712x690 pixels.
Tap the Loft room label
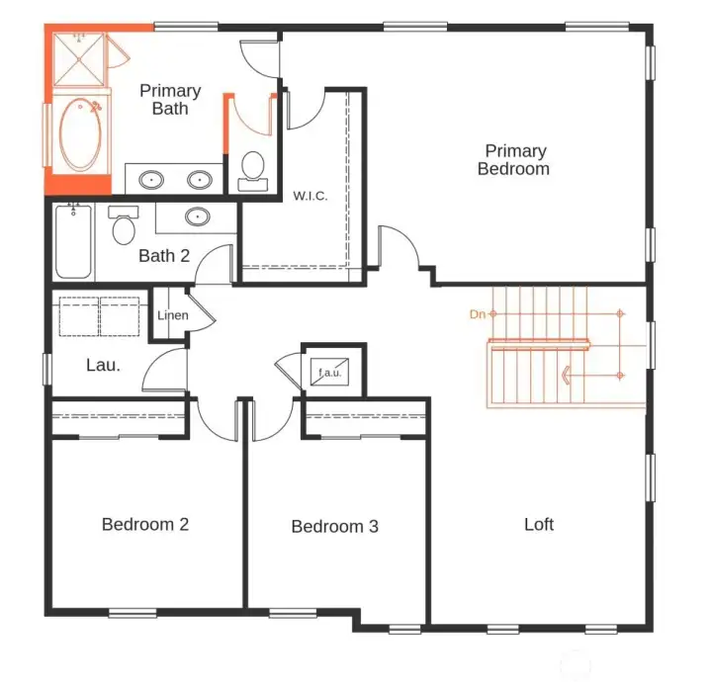tap(539, 525)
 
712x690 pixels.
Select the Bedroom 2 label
tap(145, 525)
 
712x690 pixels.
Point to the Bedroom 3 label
tap(334, 527)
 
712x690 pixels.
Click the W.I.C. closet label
tap(310, 196)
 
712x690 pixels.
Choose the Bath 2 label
tap(164, 256)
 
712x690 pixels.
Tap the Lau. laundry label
tap(103, 365)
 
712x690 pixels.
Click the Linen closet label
tap(172, 315)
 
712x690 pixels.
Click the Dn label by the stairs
tap(478, 314)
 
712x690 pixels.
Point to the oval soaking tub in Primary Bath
tap(78, 134)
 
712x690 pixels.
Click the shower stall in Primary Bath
tap(78, 60)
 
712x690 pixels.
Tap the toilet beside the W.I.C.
tap(253, 169)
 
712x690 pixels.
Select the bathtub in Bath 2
tap(73, 241)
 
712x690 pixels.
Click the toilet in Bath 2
tap(124, 227)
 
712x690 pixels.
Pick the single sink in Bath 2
tap(198, 216)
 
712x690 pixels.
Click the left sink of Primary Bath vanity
tap(151, 180)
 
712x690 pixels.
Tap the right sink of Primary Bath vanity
tap(201, 180)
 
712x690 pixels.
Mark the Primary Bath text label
tap(170, 100)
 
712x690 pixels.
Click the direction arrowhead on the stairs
tap(566, 376)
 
